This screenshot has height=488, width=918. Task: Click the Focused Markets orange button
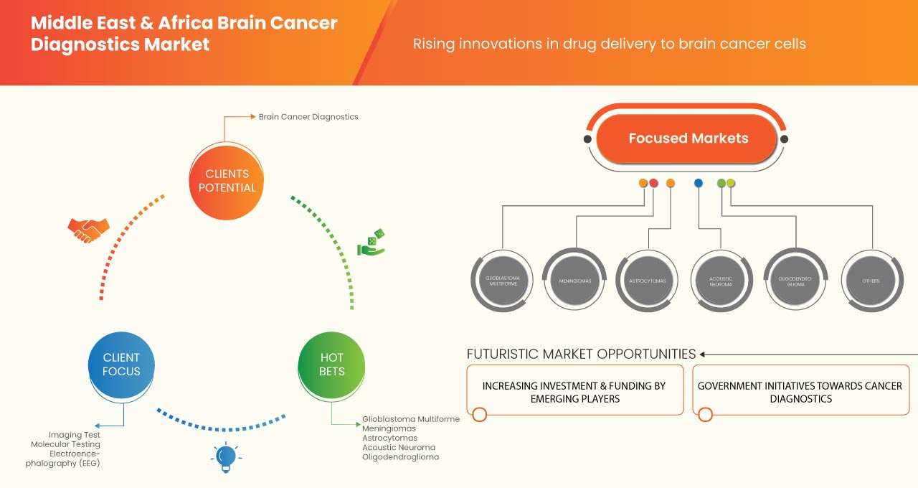[x=687, y=139]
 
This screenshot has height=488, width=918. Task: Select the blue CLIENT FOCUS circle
[x=121, y=365]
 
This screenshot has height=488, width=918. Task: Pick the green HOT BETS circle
[x=331, y=365]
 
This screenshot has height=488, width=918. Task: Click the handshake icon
[x=88, y=230]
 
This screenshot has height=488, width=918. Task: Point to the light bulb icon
[x=226, y=457]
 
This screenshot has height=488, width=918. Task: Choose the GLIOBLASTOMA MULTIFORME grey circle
[x=502, y=281]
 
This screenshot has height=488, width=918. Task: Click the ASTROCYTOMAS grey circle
[x=648, y=281]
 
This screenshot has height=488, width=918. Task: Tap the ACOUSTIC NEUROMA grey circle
[x=720, y=281]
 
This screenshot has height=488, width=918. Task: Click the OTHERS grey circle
[x=871, y=281]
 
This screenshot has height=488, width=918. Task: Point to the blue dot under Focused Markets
[x=699, y=184]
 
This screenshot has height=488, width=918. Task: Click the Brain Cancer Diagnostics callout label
[x=308, y=116]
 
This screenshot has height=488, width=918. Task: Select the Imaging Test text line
[x=75, y=435]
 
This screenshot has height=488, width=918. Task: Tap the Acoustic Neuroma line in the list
[x=398, y=447]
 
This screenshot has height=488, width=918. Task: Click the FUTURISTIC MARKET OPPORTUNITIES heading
[x=581, y=354]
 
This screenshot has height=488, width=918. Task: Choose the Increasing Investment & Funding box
[x=574, y=391]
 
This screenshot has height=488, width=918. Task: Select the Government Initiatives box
[x=800, y=391]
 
